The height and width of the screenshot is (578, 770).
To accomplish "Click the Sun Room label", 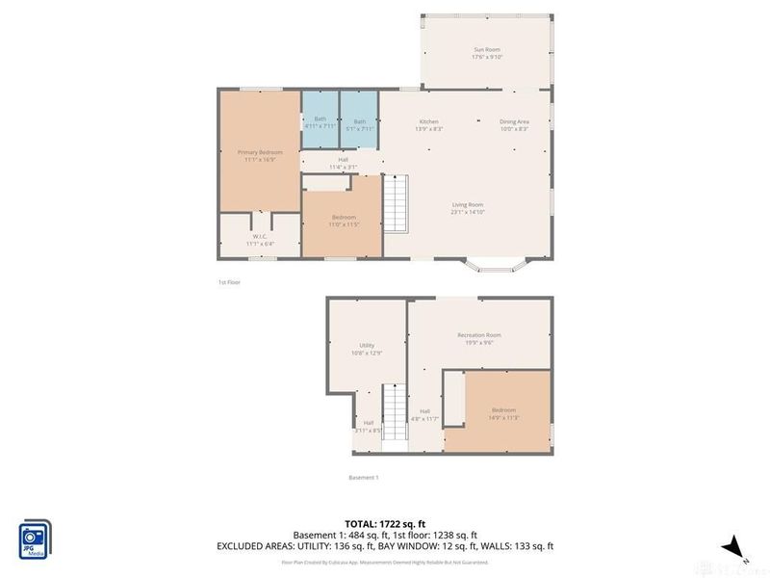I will [x=486, y=53].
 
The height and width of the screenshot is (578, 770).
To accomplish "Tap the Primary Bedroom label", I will [x=260, y=156].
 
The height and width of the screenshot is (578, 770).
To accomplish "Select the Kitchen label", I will [x=429, y=124].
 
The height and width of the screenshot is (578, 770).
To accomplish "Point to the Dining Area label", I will [x=514, y=124].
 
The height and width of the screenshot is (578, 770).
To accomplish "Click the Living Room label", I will [x=469, y=207].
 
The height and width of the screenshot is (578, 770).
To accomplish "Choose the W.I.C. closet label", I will [x=260, y=239].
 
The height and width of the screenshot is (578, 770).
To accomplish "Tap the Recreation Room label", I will [x=478, y=338].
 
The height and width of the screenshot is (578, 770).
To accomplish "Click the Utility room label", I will [x=367, y=349].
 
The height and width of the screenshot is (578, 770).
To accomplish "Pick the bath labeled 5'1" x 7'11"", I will [x=360, y=124].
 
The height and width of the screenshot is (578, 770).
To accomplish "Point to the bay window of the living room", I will [x=497, y=262].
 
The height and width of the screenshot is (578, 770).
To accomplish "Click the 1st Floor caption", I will [x=229, y=282].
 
